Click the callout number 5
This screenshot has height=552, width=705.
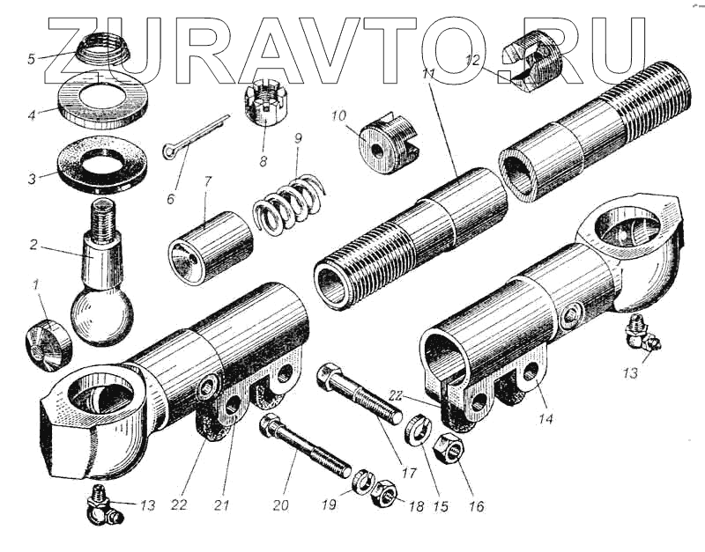point(31,59)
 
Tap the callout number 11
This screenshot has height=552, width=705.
point(429,76)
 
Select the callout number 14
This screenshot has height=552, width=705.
point(546,420)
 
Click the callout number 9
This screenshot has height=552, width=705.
point(298,138)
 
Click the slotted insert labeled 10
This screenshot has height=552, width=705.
point(385,142)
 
